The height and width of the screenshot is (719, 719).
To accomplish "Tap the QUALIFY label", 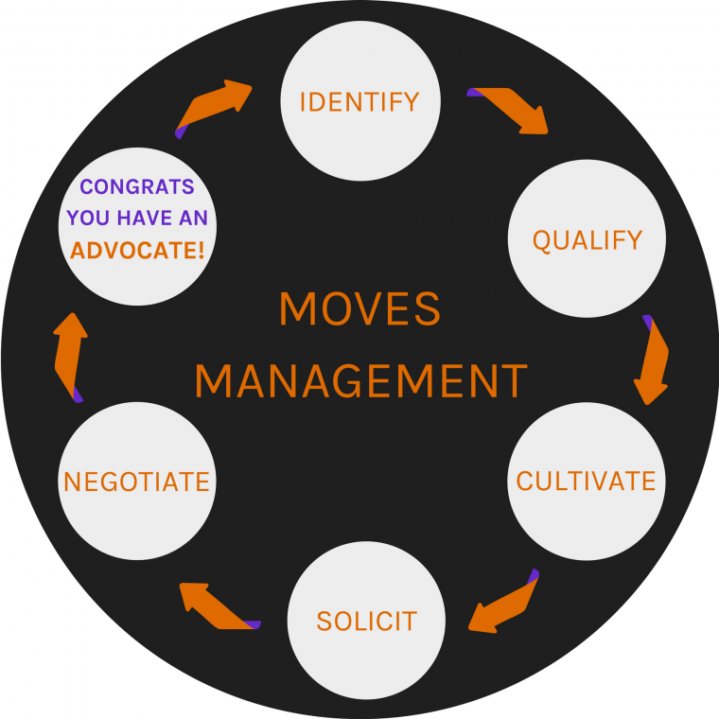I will [x=587, y=240].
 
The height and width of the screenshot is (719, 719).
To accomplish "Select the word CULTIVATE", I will [x=586, y=481].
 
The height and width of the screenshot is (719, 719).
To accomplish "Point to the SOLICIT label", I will [x=366, y=622].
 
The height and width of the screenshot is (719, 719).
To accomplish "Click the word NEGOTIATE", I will [x=136, y=482].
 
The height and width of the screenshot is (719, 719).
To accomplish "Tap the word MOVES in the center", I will [x=359, y=309].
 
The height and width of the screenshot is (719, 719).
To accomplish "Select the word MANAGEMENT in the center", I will [x=359, y=381].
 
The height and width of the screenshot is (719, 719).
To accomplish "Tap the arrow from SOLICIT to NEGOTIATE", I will [x=216, y=605].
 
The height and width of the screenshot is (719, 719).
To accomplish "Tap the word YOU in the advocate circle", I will [x=88, y=219].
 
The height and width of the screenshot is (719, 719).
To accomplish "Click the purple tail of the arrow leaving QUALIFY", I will [x=647, y=322].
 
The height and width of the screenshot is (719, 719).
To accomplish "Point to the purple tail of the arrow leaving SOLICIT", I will [x=252, y=623].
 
